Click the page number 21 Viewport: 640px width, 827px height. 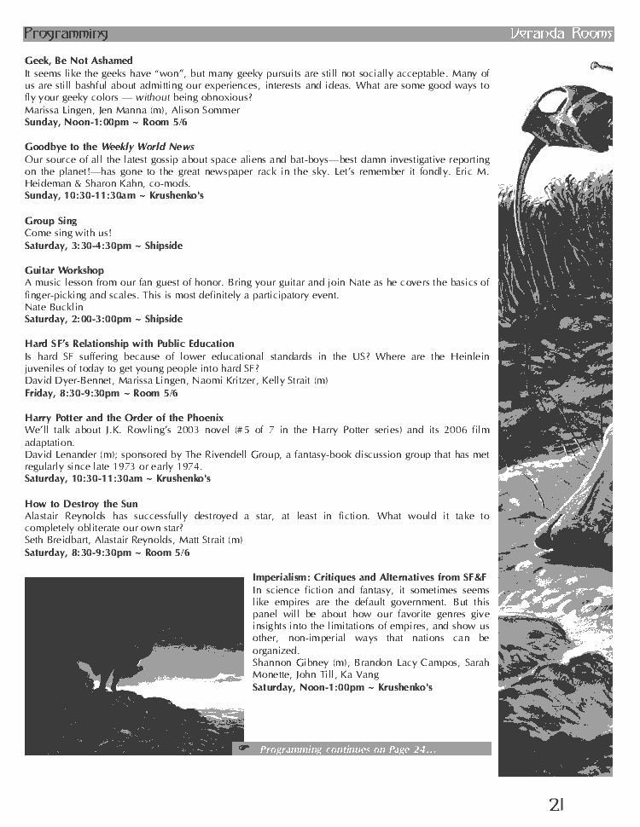557,804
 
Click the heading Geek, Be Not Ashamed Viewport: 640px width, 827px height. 79,61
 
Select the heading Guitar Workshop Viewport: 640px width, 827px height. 64,270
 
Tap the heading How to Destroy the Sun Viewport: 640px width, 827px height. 81,504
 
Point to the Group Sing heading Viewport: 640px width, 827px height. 51,221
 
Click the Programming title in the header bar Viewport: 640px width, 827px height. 66,34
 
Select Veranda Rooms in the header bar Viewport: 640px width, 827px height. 561,34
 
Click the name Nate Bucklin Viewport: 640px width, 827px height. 54,307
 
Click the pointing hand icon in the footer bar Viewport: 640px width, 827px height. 244,749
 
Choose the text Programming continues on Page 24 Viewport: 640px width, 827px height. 348,749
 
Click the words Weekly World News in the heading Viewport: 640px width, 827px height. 148,147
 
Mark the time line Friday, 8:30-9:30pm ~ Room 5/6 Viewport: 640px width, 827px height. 101,393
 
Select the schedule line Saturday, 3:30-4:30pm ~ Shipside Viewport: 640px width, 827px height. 103,246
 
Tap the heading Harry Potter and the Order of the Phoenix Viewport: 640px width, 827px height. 124,418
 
